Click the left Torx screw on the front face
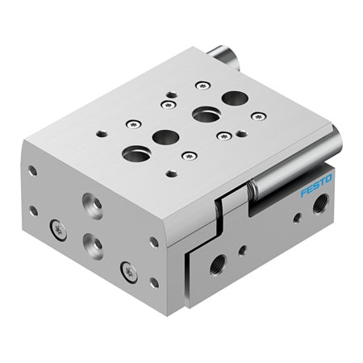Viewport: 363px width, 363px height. point(58,231)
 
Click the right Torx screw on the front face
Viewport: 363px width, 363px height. point(128,272)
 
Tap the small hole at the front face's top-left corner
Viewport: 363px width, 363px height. point(32,170)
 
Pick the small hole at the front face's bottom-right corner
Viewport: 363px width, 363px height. point(153,282)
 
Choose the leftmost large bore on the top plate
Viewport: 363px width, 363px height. point(135,153)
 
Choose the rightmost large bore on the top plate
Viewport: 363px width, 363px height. point(234,98)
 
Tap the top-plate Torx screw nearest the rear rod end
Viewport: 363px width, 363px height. point(202,85)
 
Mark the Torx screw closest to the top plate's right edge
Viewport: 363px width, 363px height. point(257,116)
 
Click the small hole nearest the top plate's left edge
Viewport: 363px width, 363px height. point(101,134)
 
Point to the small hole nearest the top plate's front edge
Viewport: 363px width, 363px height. point(171,173)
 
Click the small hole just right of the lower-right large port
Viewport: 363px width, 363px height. point(242,251)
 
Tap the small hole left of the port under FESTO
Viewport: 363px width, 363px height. point(297,217)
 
